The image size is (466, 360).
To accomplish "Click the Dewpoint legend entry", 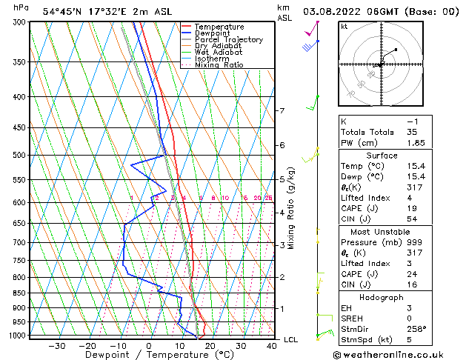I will pyautogui.click(x=213, y=33).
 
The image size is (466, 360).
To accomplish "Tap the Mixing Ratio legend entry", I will pyautogui.click(x=219, y=65).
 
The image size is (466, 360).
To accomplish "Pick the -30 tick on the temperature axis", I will pyautogui.click(x=56, y=346).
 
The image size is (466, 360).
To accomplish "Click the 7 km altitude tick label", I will pyautogui.click(x=281, y=111).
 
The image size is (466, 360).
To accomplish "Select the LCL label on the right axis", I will pyautogui.click(x=291, y=339).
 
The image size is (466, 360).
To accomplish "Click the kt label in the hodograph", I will pyautogui.click(x=344, y=27).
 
